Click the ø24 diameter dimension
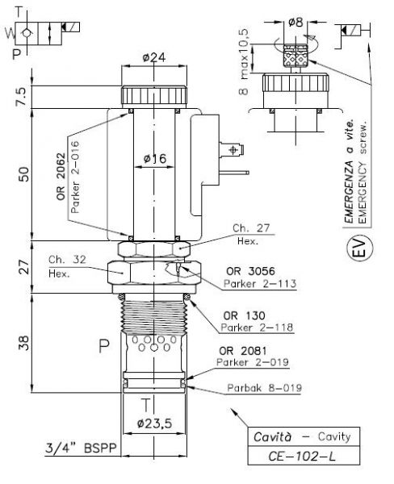click(154, 57)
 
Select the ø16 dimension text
click(155, 159)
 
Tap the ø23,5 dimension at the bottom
click(154, 423)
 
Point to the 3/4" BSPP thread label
click(82, 448)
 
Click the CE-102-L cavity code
click(302, 456)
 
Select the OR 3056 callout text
click(250, 271)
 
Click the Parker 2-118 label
click(257, 328)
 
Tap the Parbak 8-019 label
click(265, 388)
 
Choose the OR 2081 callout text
click(242, 351)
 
